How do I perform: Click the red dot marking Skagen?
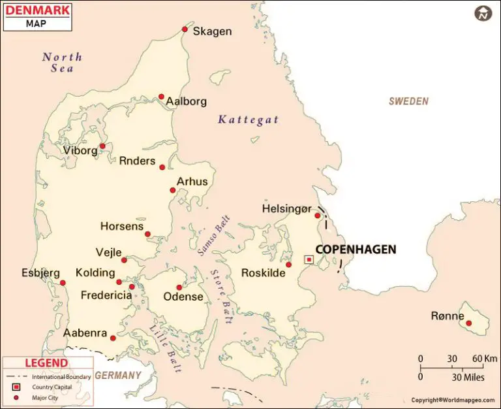(185, 29)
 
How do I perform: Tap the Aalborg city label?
(186, 101)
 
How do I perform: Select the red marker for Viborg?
(102, 146)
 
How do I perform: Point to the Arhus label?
(192, 182)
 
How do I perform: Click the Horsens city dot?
(148, 234)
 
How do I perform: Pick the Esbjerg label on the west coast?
(40, 272)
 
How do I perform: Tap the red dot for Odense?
(179, 287)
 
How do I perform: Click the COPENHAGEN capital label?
(356, 250)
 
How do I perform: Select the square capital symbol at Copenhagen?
(309, 259)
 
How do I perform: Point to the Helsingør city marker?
(318, 216)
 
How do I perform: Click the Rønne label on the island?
(448, 316)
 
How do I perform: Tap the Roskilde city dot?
(288, 265)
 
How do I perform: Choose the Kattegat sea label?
(248, 120)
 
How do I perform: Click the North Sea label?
(62, 61)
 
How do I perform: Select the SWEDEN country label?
(408, 101)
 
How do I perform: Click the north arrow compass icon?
(483, 13)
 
